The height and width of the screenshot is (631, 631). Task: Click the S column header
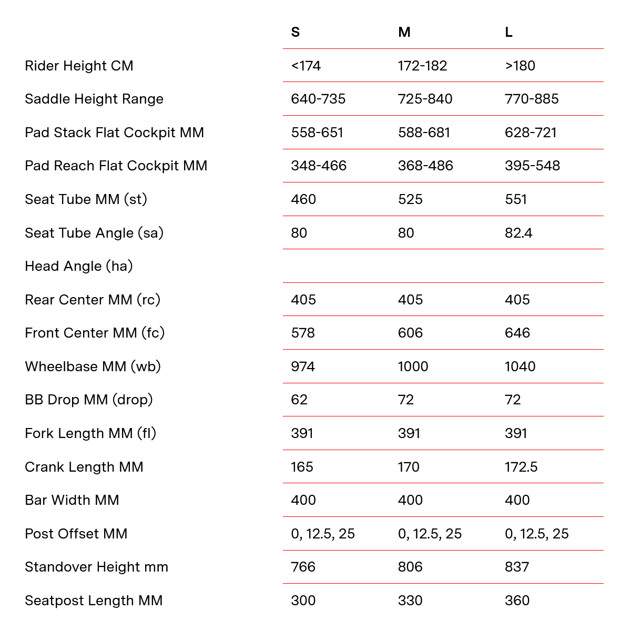(x=295, y=33)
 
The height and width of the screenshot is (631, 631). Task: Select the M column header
(x=404, y=33)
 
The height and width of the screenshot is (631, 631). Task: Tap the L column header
(x=508, y=33)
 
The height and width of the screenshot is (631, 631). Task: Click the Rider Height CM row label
(x=79, y=66)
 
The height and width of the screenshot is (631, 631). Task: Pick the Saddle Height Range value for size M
(x=425, y=99)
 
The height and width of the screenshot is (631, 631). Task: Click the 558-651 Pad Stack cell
(x=317, y=133)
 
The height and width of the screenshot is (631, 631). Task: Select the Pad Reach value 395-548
(x=532, y=166)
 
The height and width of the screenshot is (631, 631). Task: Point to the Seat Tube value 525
(x=410, y=199)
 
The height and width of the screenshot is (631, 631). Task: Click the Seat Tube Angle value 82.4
(x=518, y=233)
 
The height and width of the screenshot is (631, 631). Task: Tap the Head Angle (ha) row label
(x=79, y=266)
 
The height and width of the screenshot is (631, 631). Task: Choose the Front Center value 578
(x=303, y=333)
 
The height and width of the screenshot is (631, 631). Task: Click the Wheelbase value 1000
(x=413, y=367)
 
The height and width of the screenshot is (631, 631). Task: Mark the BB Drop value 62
(x=299, y=400)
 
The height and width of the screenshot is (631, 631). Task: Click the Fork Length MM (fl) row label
(x=90, y=433)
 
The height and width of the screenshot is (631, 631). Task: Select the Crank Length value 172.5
(x=521, y=467)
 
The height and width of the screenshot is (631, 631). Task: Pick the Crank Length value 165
(x=302, y=467)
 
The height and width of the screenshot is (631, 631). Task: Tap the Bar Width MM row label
(x=72, y=500)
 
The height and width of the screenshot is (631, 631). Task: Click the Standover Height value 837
(x=517, y=567)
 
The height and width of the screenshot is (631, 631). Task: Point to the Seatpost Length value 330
(x=410, y=601)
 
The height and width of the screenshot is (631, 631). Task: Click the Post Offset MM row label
(x=76, y=534)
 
